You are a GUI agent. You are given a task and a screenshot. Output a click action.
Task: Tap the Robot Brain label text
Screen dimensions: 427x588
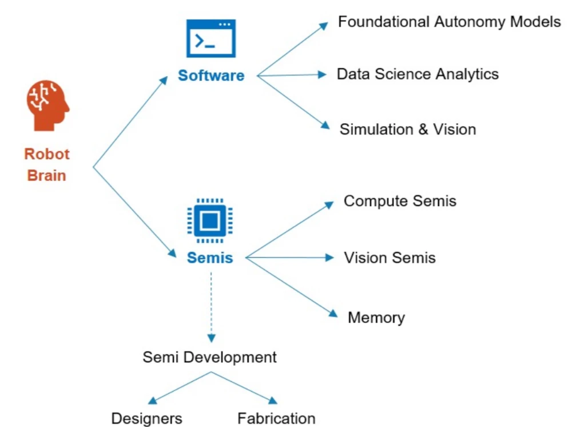47,165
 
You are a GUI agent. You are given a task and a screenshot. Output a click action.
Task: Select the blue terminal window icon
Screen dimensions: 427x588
211,38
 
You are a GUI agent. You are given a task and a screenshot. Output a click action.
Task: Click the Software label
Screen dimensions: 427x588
211,75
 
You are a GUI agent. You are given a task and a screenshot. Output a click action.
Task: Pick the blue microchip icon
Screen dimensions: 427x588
210,220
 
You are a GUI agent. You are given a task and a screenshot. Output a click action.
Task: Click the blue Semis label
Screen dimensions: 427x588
210,258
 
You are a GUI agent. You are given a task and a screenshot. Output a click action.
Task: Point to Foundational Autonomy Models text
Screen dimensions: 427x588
449,22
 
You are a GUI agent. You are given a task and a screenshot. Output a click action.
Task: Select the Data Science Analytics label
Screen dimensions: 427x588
418,74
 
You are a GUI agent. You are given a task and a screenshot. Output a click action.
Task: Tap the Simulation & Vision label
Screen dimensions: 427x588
408,129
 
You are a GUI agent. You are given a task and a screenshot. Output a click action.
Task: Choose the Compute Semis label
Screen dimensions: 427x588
400,201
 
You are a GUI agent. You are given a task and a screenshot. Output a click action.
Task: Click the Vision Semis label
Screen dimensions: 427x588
390,258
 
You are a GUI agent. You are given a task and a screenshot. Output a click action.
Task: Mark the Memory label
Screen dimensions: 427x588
376,318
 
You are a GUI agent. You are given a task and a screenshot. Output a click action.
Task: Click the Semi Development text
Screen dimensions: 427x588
209,358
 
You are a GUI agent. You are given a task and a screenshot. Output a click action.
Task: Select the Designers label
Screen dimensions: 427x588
147,418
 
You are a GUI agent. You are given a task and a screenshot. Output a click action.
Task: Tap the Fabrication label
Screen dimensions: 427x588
276,418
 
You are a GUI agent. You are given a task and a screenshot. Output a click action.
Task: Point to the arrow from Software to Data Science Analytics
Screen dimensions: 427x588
292,75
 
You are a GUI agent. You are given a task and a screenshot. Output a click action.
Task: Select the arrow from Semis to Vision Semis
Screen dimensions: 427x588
289,258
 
